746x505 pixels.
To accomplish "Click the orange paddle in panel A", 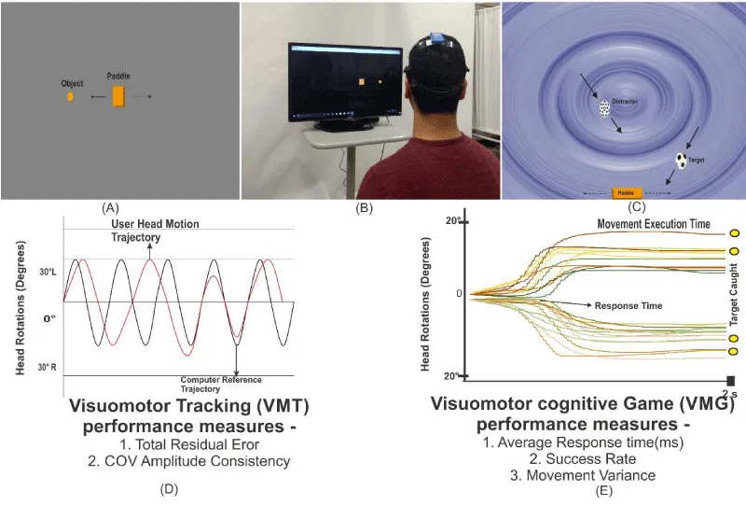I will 118,95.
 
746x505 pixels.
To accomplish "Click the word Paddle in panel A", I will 118,75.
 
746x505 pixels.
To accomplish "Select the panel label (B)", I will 364,206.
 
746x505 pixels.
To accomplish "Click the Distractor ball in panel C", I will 604,108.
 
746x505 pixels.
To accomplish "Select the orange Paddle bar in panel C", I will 627,192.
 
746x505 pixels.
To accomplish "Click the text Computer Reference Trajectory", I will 221,384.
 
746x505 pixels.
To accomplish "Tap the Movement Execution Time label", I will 653,224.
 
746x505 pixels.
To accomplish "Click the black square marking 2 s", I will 731,380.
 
